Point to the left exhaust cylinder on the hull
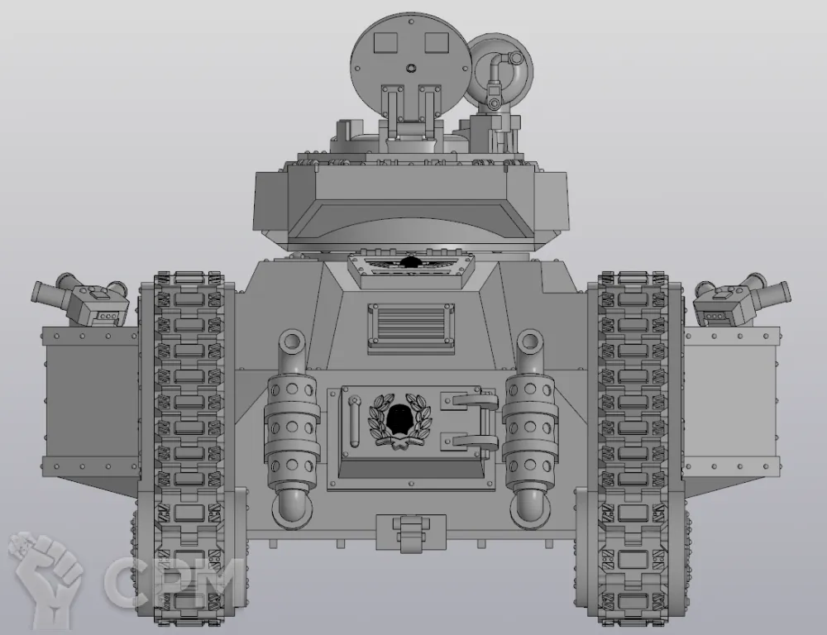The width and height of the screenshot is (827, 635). coord(292,428)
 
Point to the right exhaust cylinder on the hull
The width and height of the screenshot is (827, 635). coord(530,428)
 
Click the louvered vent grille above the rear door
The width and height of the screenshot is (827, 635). coord(411,327)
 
